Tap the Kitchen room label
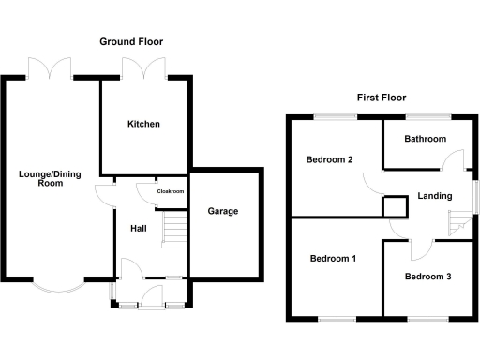pos(144,124)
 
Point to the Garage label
pos(223,211)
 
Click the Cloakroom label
pos(171,191)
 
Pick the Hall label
pos(139,227)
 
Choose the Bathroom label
pos(425,139)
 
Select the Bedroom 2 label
pos(329,159)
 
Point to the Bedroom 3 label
pos(427,277)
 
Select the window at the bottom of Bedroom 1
pos(335,321)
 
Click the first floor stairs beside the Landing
pos(458,226)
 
